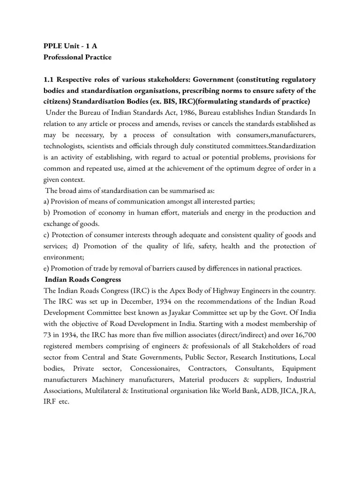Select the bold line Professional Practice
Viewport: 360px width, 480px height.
tap(77, 57)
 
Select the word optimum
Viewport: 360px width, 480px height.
tap(231, 169)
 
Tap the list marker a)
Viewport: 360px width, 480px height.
tap(45, 201)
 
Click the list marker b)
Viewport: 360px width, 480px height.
tap(46, 212)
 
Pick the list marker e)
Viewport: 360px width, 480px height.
tap(45, 268)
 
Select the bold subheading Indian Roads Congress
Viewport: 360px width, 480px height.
tap(83, 279)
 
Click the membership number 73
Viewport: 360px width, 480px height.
tap(48, 335)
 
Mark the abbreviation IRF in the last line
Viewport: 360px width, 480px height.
tap(49, 402)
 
